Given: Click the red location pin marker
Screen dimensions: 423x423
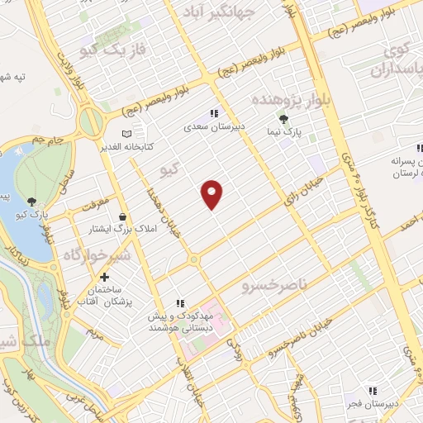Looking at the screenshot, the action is (212, 193).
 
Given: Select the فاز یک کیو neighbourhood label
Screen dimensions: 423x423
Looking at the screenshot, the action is (114, 50).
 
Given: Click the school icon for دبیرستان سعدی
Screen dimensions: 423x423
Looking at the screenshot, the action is (214, 113).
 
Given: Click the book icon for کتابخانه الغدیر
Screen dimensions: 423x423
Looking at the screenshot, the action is (126, 133).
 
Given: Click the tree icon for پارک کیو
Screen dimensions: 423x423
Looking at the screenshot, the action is (31, 201).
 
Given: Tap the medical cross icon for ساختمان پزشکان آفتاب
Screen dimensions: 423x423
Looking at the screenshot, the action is (104, 278).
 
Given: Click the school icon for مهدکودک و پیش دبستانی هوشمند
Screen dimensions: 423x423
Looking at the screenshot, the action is (180, 303).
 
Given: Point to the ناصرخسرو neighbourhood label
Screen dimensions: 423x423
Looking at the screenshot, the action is (273, 286).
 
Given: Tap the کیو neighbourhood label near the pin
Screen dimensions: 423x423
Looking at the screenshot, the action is (169, 170).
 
